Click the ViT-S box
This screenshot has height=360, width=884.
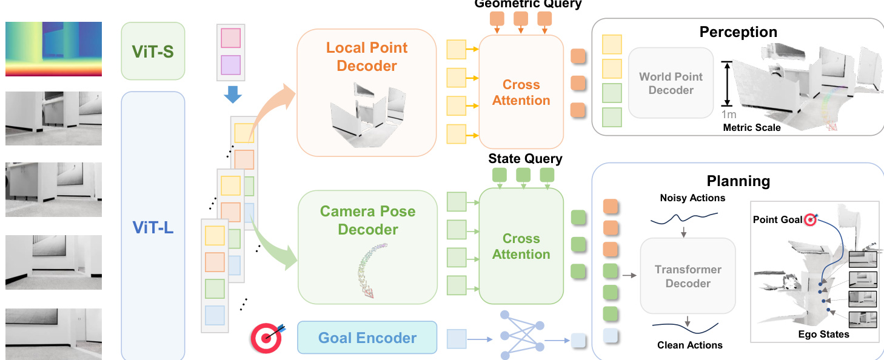[x=153, y=51]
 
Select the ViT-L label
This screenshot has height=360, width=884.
[x=153, y=227]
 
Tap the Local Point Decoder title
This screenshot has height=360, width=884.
[x=367, y=56]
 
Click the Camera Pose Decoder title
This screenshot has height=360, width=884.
[x=368, y=220]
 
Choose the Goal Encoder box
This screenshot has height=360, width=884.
[x=367, y=338]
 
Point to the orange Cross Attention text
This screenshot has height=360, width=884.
[x=521, y=92]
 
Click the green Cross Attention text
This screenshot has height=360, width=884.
[x=521, y=246]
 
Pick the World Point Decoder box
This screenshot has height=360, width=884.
[x=671, y=83]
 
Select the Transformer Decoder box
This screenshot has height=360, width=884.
[x=688, y=276]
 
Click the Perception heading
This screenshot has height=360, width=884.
[x=738, y=32]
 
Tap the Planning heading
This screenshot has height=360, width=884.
[x=738, y=181]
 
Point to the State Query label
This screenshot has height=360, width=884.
[x=525, y=159]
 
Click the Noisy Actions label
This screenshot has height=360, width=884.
[x=692, y=198]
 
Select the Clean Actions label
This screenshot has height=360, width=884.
[x=690, y=345]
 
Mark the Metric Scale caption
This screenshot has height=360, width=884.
[x=752, y=127]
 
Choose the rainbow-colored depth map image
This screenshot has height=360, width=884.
[x=53, y=49]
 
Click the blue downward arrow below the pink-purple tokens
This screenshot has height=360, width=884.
[x=232, y=95]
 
